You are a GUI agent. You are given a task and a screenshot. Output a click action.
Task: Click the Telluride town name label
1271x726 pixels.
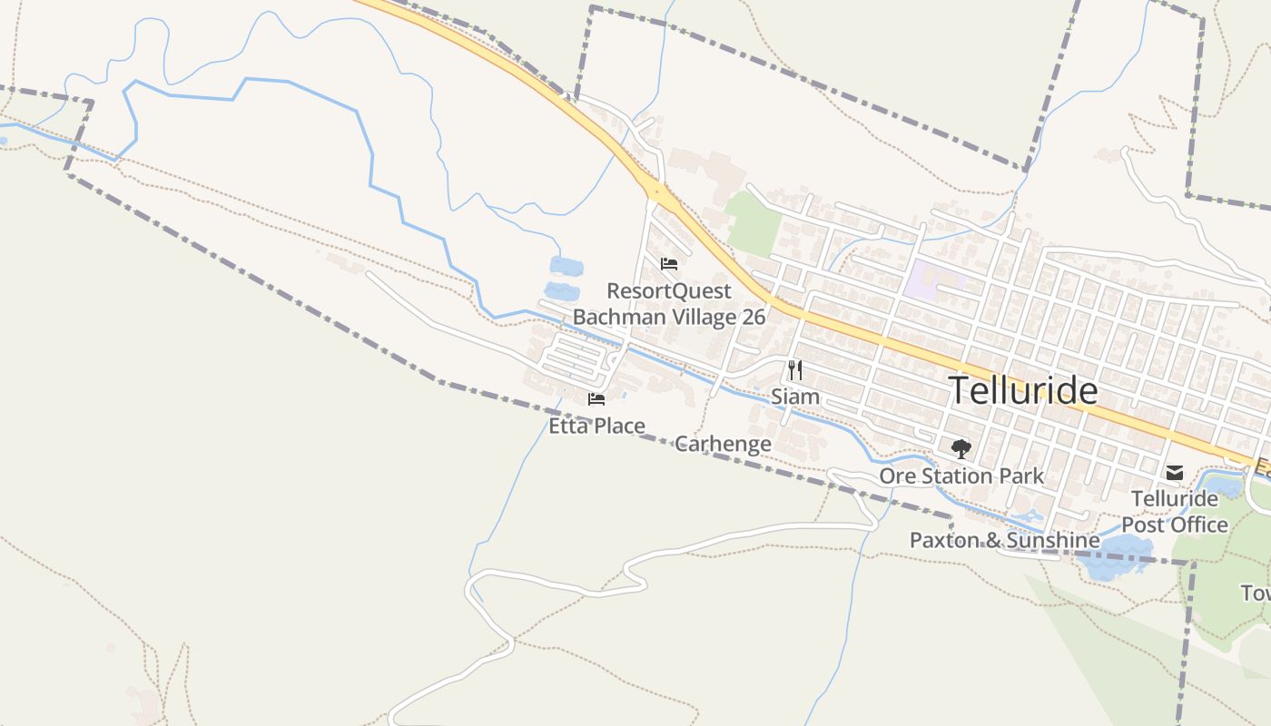pyautogui.click(x=1023, y=390)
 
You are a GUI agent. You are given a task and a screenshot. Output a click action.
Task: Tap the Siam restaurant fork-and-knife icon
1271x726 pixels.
pyautogui.click(x=795, y=369)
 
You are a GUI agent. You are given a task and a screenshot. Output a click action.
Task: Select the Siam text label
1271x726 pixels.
pyautogui.click(x=795, y=397)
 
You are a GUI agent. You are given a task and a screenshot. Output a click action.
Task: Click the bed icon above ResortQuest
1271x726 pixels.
pyautogui.click(x=669, y=264)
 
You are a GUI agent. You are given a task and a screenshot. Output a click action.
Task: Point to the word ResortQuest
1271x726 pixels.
pyautogui.click(x=669, y=290)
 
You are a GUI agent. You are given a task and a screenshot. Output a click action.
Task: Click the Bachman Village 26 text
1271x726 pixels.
pyautogui.click(x=669, y=317)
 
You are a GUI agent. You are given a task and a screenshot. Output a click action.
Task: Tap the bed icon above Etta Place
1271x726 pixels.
pyautogui.click(x=596, y=398)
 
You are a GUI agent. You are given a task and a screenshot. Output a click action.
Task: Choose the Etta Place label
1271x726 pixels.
pyautogui.click(x=596, y=426)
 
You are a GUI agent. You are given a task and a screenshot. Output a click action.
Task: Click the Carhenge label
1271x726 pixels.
pyautogui.click(x=723, y=444)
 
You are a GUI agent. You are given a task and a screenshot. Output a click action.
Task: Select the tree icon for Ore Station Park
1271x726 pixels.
pyautogui.click(x=961, y=448)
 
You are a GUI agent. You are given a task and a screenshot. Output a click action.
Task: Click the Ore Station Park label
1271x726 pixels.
pyautogui.click(x=961, y=476)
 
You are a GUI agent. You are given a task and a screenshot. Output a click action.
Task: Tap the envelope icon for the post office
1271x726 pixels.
pyautogui.click(x=1175, y=472)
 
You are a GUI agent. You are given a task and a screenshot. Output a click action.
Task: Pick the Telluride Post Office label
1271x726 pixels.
pyautogui.click(x=1175, y=512)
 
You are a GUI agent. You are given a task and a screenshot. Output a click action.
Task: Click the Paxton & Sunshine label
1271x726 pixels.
pyautogui.click(x=1004, y=541)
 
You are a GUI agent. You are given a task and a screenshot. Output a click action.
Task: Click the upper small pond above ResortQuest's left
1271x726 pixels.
pyautogui.click(x=567, y=266)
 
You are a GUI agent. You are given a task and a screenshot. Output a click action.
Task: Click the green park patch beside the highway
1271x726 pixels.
pyautogui.click(x=754, y=222)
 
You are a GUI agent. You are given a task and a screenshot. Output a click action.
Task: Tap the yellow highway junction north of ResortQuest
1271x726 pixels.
pyautogui.click(x=655, y=191)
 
